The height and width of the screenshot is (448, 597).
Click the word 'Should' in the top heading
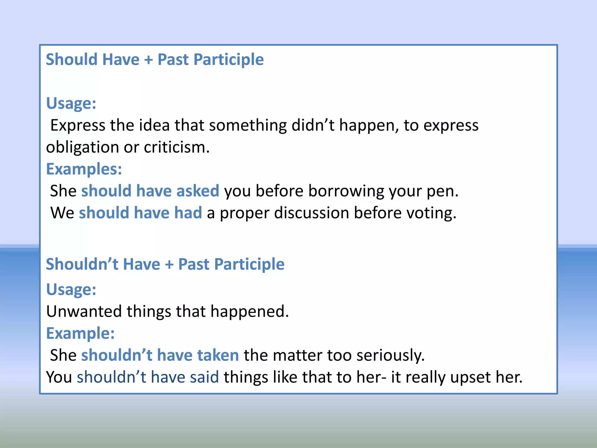click(71, 60)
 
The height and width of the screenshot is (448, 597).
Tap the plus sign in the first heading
click(148, 60)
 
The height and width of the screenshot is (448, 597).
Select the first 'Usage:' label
click(71, 104)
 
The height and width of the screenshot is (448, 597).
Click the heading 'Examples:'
click(84, 169)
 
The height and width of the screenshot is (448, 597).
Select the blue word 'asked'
click(198, 191)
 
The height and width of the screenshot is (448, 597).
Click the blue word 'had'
click(188, 213)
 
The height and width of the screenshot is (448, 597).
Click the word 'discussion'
click(311, 213)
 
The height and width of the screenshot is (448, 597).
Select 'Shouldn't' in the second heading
click(82, 264)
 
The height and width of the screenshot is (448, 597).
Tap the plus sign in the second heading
click(169, 265)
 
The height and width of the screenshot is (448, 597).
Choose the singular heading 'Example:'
click(80, 333)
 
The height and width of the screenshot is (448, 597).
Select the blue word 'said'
click(204, 377)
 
